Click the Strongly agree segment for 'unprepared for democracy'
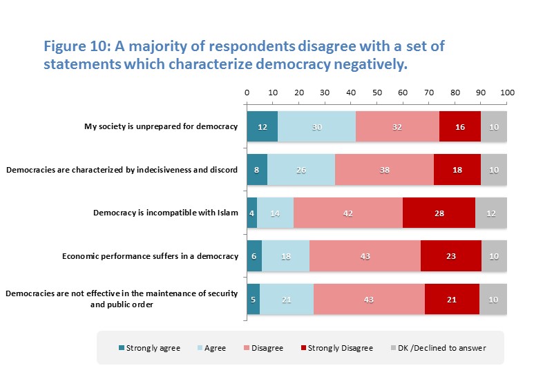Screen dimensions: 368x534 [263, 126]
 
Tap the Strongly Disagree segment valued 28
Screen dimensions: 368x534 [439, 213]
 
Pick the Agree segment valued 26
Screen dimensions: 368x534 [301, 170]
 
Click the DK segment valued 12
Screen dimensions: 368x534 [491, 213]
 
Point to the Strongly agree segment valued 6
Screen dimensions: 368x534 [254, 257]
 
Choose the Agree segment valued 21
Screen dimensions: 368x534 [287, 299]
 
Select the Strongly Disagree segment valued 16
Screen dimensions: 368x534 [459, 126]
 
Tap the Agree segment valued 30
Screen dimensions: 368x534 [316, 126]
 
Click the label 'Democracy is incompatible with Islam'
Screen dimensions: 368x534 [165, 213]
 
